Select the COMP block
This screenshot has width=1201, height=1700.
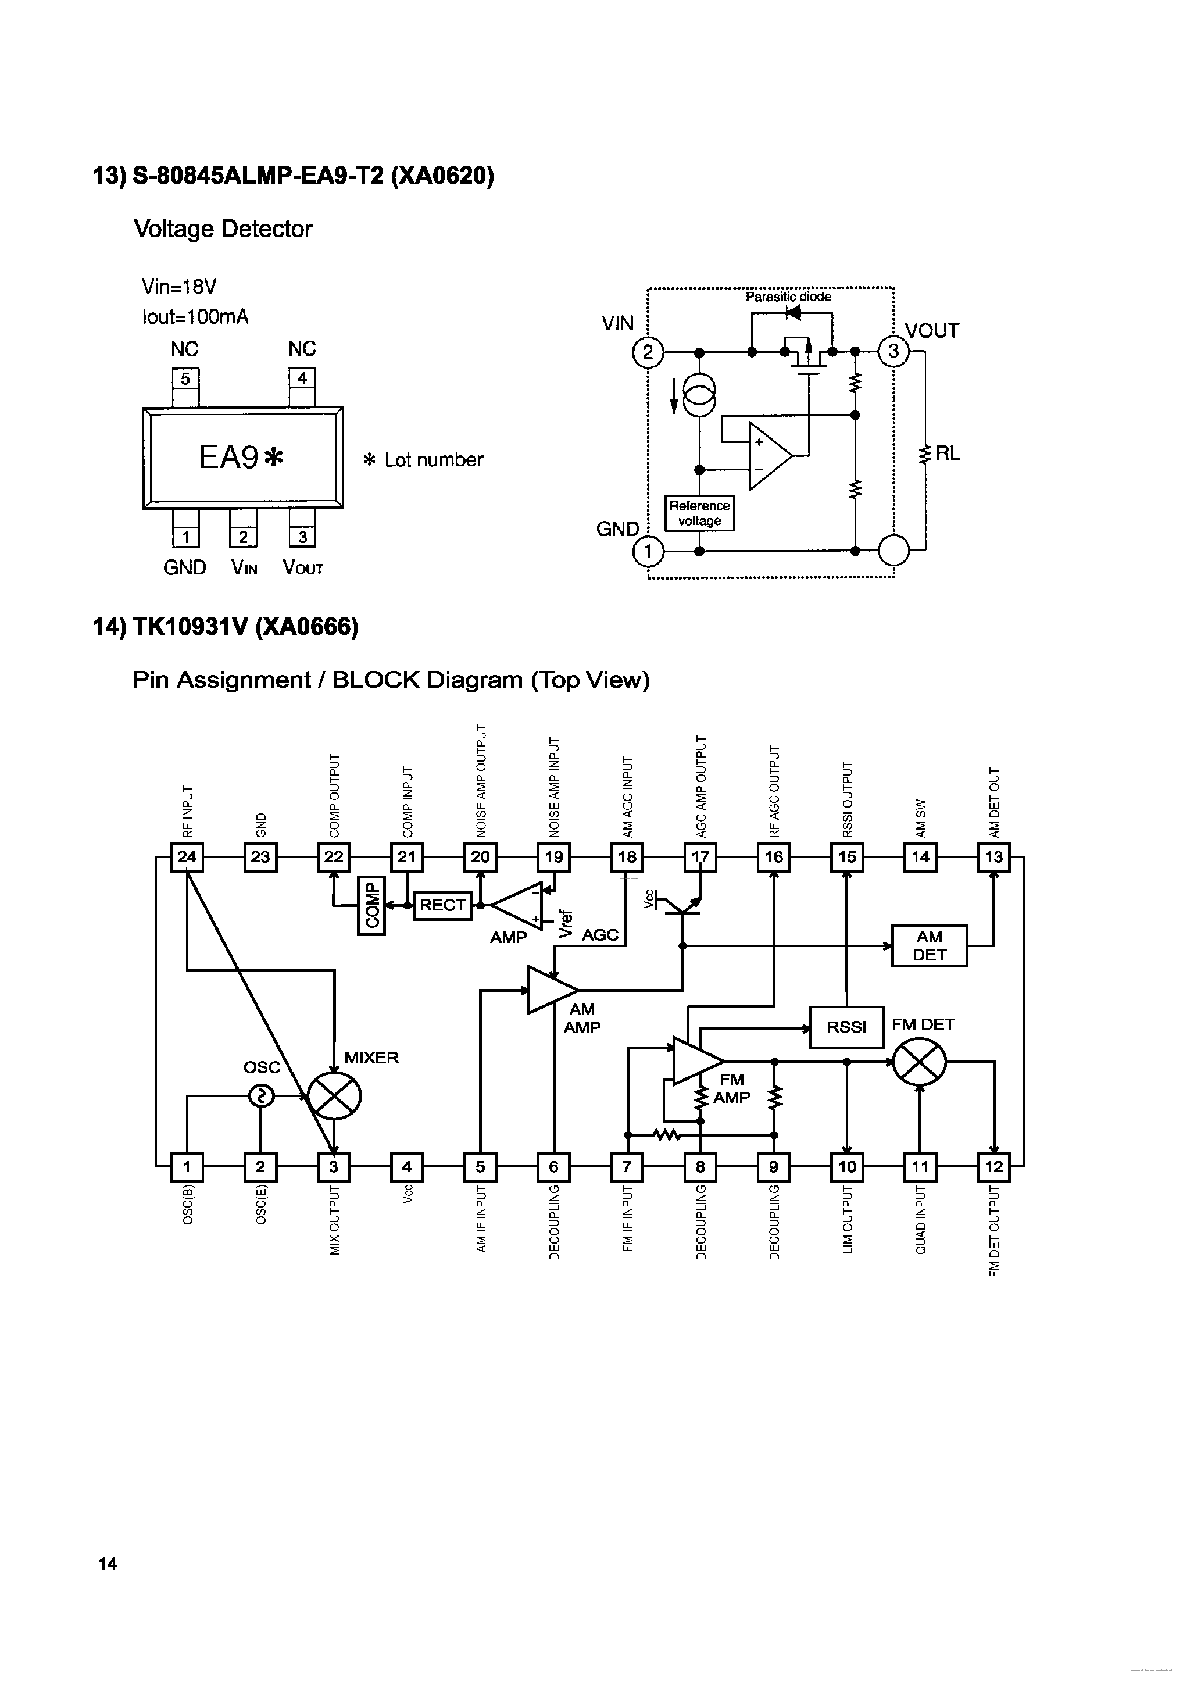pyautogui.click(x=371, y=907)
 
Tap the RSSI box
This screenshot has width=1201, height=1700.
pyautogui.click(x=846, y=1027)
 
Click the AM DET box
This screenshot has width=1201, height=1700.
pyautogui.click(x=930, y=945)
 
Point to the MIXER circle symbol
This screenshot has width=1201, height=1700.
pyautogui.click(x=334, y=1097)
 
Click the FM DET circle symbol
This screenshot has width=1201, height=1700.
pyautogui.click(x=919, y=1062)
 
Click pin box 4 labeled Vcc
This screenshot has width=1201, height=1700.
pyautogui.click(x=406, y=1167)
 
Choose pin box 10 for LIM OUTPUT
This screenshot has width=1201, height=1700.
pyautogui.click(x=846, y=1167)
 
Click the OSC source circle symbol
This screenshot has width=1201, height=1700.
pyautogui.click(x=260, y=1096)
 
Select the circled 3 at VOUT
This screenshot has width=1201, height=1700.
pyautogui.click(x=893, y=351)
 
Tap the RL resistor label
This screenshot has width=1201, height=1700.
pyautogui.click(x=948, y=454)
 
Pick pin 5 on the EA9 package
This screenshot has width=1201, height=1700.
pyautogui.click(x=185, y=378)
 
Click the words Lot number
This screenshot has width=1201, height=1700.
pyautogui.click(x=433, y=460)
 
